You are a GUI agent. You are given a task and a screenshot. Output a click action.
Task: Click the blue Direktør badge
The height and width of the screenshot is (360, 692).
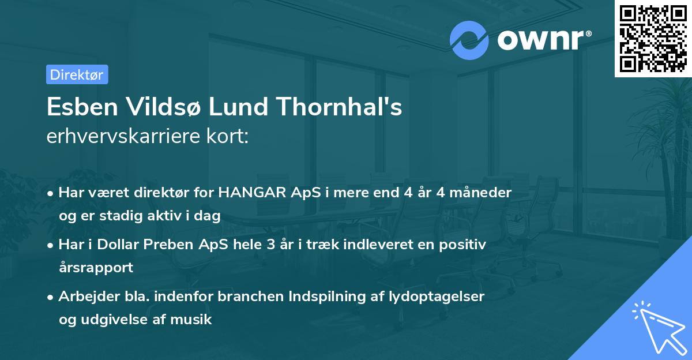[77, 74]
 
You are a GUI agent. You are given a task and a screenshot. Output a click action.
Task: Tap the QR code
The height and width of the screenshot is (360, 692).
[653, 38]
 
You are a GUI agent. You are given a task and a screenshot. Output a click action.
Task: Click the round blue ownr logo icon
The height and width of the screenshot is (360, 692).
[469, 40]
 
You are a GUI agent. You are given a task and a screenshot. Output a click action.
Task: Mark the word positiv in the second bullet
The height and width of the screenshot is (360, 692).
[465, 245]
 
